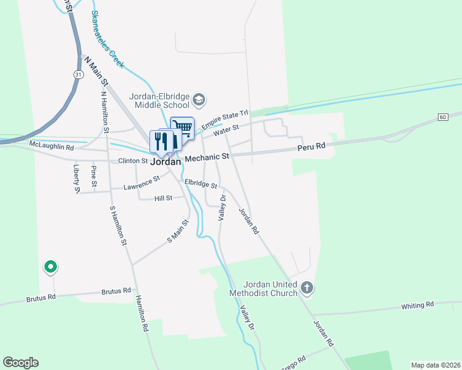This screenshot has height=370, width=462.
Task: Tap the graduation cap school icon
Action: [199, 99]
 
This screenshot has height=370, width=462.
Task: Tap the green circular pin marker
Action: [49, 267]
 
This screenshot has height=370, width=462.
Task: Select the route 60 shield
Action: [443, 117]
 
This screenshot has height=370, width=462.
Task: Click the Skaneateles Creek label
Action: [107, 38]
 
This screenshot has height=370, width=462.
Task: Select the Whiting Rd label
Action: [418, 305]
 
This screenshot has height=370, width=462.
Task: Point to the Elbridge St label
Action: [201, 184]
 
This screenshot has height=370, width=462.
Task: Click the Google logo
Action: [20, 363]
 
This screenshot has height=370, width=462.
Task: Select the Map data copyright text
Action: [435, 365]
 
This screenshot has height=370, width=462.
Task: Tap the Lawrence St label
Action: [141, 183]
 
